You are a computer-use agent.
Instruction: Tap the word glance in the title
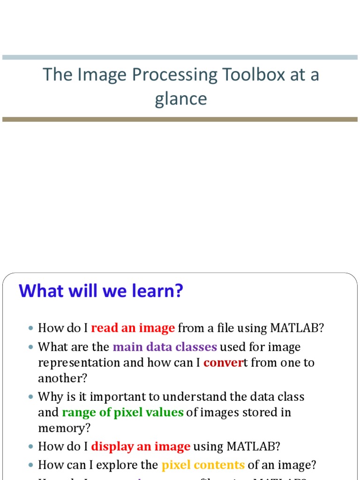click(x=180, y=99)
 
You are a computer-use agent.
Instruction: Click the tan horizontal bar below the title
click(x=180, y=120)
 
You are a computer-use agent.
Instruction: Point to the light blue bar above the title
click(x=180, y=57)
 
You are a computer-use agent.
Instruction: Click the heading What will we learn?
click(x=101, y=291)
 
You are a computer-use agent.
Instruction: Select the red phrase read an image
click(x=133, y=328)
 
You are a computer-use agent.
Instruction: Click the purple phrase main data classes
click(x=165, y=347)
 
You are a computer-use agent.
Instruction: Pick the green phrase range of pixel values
click(x=123, y=412)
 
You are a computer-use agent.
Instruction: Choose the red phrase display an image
click(x=141, y=446)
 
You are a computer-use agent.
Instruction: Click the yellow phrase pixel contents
click(x=203, y=465)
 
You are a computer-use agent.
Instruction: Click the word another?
click(x=62, y=378)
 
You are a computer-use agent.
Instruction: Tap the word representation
click(x=74, y=363)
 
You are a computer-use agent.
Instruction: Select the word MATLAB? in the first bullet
click(x=297, y=328)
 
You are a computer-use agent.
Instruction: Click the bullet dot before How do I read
click(x=31, y=329)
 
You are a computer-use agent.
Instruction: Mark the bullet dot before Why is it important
click(x=31, y=397)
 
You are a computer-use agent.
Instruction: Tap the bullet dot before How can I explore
click(x=31, y=465)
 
